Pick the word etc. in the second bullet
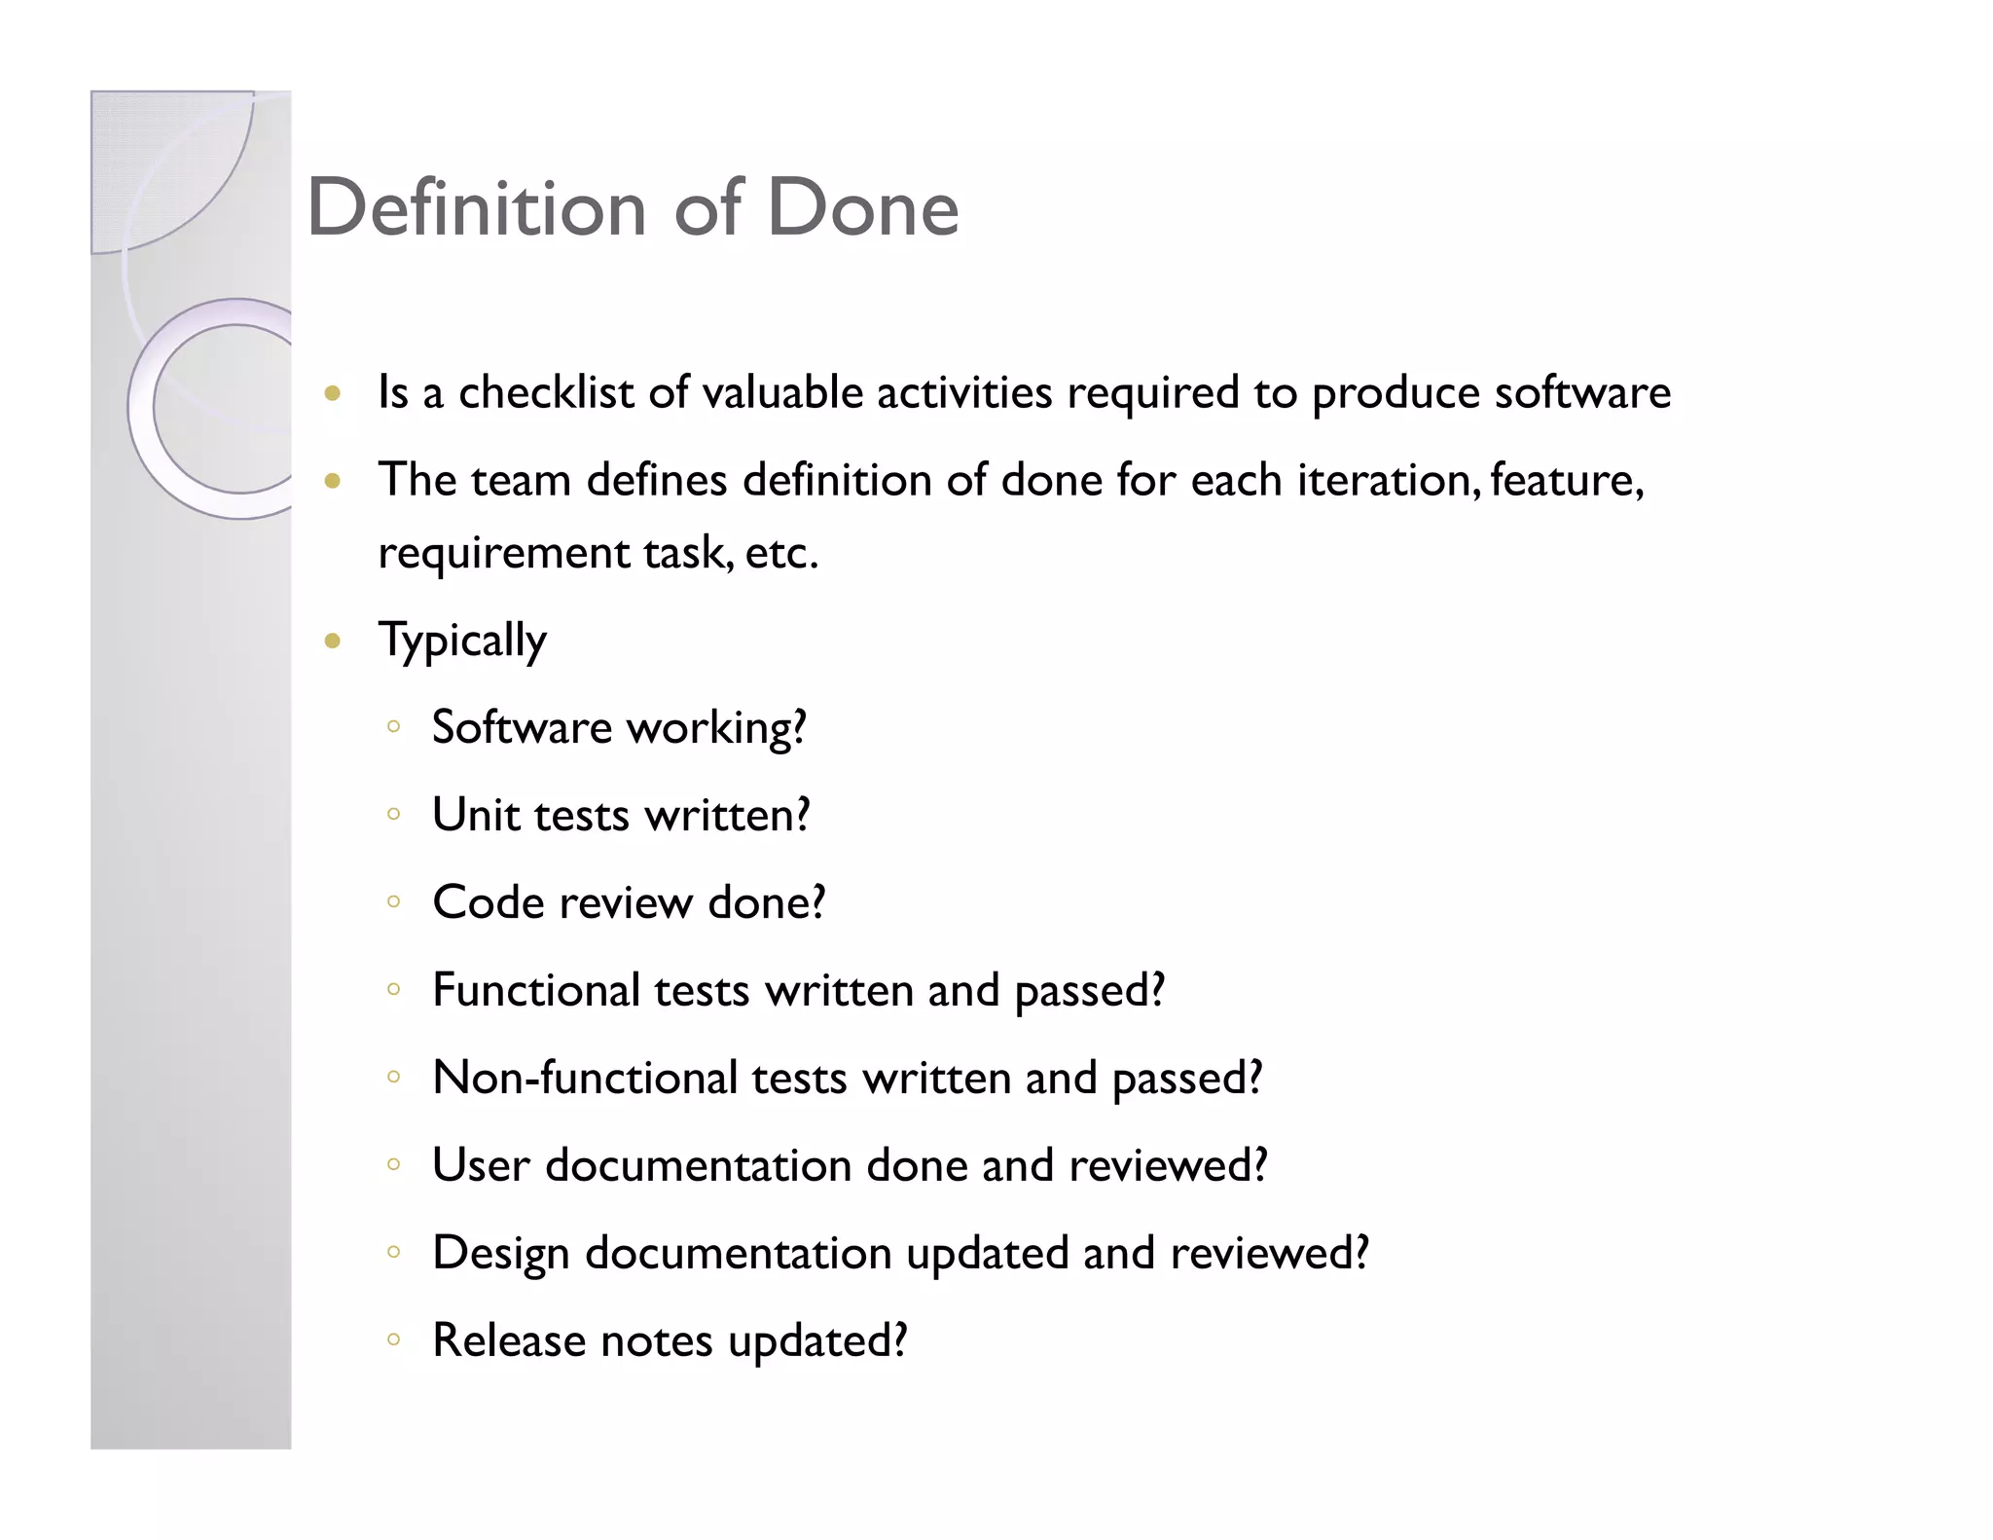tap(781, 553)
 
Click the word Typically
tap(462, 641)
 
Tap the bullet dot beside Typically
tap(333, 641)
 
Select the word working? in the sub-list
tap(716, 728)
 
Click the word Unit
tap(475, 815)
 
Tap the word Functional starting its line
tap(536, 990)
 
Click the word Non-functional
tap(585, 1078)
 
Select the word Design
tap(500, 1253)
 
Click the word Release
tap(508, 1340)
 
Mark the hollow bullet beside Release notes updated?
tap(393, 1340)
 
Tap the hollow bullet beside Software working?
tap(393, 726)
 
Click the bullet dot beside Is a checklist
tap(333, 394)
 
